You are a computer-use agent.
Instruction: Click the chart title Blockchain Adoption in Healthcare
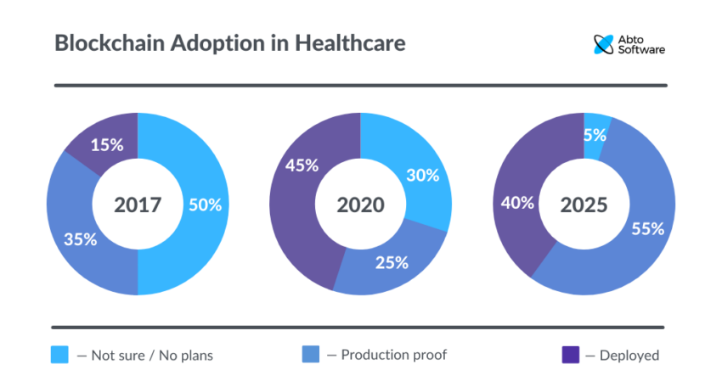229,43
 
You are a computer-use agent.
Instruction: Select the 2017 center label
138,205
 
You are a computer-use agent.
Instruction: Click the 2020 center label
360,205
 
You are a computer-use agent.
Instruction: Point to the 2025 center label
584,205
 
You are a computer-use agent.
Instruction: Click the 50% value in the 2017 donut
205,205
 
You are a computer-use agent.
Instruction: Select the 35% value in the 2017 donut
80,239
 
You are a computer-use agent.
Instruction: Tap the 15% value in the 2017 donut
107,145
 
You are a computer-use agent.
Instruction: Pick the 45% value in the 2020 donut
302,165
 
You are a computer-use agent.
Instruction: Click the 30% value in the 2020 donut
422,176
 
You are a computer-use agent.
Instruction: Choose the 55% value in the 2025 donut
647,228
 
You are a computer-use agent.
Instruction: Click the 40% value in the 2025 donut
517,203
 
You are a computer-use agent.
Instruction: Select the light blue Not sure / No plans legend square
59,356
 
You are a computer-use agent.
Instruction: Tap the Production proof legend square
311,356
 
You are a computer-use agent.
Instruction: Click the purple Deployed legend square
570,356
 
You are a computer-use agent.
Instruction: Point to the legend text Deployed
629,356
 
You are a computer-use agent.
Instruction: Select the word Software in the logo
642,50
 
